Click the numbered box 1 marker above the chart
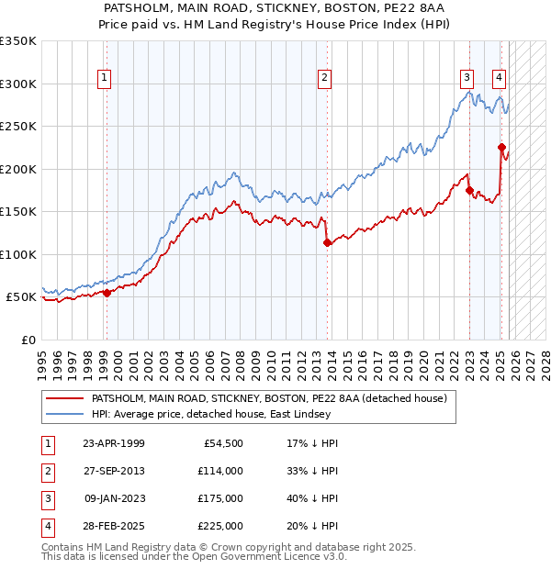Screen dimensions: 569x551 105,79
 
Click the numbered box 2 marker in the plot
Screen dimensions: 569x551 325,79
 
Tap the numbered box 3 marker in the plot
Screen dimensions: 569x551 467,79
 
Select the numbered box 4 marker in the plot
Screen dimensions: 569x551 499,79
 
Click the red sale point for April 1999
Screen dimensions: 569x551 107,293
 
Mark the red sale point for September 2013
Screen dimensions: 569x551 328,243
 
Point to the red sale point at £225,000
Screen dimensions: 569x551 501,147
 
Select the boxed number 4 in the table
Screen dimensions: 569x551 45,526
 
